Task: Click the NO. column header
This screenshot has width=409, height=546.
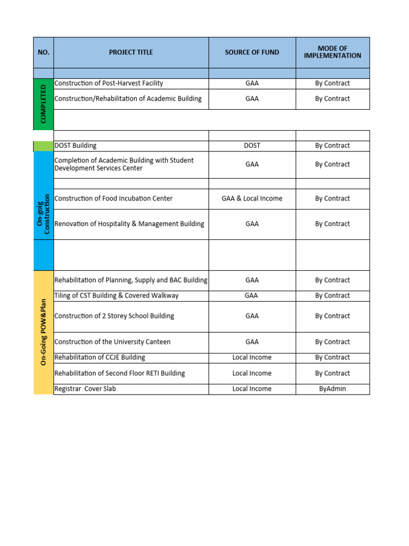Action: [43, 52]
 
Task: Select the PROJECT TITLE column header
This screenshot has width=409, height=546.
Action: [130, 52]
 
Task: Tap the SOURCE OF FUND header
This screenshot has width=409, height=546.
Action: [252, 52]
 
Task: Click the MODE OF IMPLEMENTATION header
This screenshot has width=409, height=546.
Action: [332, 52]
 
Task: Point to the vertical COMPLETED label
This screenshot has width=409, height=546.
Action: [43, 103]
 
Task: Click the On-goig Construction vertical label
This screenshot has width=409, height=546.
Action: [43, 213]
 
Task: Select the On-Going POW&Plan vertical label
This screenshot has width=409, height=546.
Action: [43, 332]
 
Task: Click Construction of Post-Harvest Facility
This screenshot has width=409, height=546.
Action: [109, 83]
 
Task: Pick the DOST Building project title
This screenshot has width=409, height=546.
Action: [76, 146]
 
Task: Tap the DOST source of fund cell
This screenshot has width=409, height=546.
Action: [252, 146]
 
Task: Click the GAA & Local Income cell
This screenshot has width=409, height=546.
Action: [252, 198]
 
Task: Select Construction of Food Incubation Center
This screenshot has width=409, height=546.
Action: [113, 198]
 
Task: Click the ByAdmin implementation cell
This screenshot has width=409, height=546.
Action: [332, 389]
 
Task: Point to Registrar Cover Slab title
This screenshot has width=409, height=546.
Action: [85, 389]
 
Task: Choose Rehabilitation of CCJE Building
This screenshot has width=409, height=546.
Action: [100, 357]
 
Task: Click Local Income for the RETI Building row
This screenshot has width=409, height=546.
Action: [252, 373]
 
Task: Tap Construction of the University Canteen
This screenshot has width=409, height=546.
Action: [112, 342]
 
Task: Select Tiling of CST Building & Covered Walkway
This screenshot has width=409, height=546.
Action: [117, 295]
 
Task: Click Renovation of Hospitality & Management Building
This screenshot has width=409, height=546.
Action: [129, 224]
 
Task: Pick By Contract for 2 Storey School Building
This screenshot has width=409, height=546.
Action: [332, 316]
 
